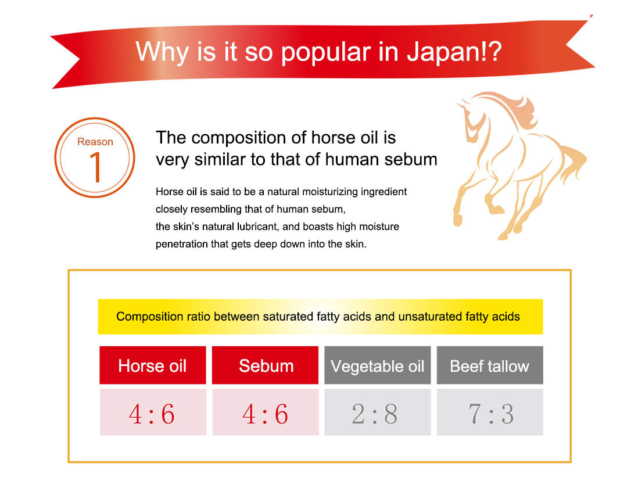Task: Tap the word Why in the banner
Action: click(162, 53)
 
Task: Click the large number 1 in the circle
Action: click(96, 167)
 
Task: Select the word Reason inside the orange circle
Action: click(95, 142)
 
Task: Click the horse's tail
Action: click(572, 162)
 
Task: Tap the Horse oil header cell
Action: click(153, 365)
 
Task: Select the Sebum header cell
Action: click(266, 365)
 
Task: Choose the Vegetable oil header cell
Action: click(378, 365)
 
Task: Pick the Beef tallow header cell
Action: click(490, 365)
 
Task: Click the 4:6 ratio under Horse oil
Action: click(152, 414)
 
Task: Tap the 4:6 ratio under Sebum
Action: click(266, 414)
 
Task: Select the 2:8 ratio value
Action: click(375, 414)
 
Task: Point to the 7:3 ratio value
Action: click(491, 414)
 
